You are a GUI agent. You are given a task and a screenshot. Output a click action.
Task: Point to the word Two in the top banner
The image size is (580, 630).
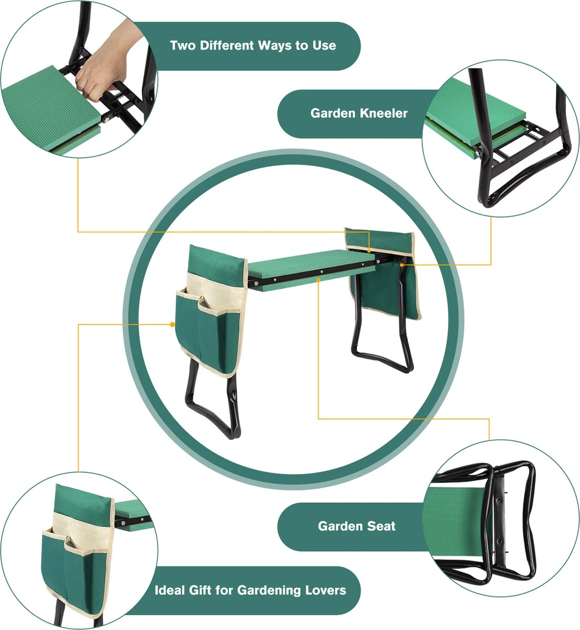[183, 46]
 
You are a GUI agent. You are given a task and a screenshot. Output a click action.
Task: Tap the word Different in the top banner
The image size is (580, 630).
[227, 46]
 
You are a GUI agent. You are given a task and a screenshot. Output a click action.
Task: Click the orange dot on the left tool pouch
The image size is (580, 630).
[172, 324]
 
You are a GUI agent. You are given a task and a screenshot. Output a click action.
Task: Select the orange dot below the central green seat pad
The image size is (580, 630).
[318, 279]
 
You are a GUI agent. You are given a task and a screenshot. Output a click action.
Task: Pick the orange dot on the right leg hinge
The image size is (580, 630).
[402, 265]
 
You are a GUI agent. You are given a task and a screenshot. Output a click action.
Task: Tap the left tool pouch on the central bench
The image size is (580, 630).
[210, 311]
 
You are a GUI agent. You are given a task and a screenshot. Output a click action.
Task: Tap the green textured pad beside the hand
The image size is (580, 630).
[50, 107]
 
